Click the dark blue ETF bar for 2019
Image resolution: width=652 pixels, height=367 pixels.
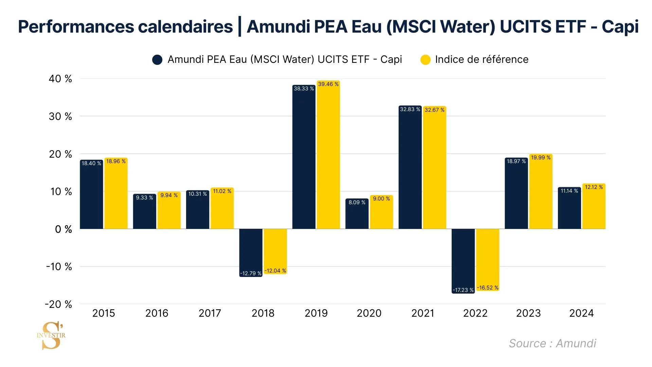[x=304, y=160]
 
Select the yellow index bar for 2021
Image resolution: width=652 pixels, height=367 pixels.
[x=434, y=170]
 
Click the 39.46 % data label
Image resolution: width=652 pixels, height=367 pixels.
[x=328, y=84]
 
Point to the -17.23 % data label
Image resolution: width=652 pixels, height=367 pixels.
[x=463, y=290]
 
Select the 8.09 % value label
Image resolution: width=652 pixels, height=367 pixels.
[x=357, y=203]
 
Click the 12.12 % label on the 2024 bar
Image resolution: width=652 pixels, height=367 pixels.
[x=594, y=187]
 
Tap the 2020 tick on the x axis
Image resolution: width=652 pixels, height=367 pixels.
[x=369, y=313]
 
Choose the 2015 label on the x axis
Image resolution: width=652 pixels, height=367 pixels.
[x=104, y=313]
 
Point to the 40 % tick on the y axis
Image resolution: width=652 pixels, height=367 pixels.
[x=60, y=79]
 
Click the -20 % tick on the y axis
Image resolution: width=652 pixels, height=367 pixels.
[x=58, y=304]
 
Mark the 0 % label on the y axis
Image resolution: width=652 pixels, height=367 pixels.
[x=64, y=229]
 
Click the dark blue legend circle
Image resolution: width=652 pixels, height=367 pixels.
[x=157, y=60]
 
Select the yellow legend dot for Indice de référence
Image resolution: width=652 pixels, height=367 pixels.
[x=425, y=60]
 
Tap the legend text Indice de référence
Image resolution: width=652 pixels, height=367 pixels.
[x=482, y=59]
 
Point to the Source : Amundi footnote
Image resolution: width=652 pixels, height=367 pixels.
[x=552, y=343]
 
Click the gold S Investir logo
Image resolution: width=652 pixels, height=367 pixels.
[x=51, y=335]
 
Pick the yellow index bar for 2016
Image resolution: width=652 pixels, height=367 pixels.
[x=169, y=211]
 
